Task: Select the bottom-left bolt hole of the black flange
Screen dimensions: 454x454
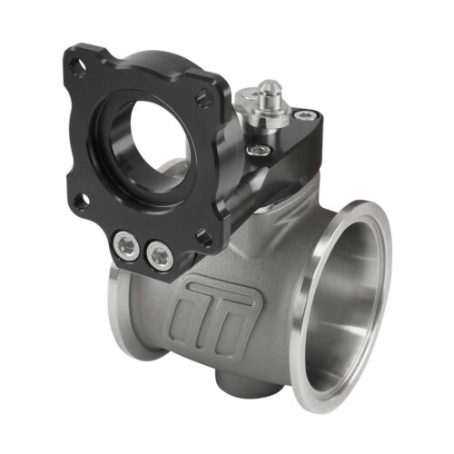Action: (x=82, y=201)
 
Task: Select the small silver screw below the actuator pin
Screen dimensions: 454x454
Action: (x=262, y=150)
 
